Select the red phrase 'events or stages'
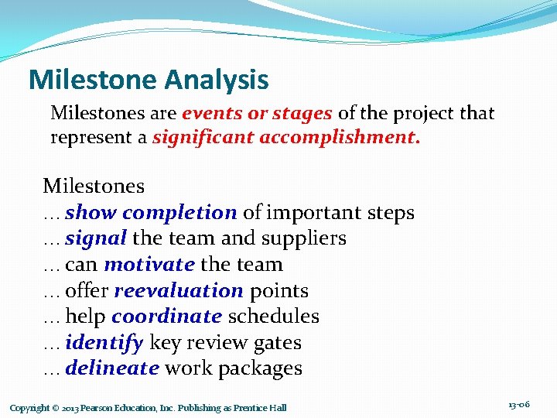257,114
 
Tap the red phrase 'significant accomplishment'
286,139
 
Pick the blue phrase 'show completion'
151,213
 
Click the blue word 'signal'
97,238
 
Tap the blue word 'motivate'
149,265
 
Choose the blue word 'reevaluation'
179,291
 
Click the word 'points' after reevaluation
278,291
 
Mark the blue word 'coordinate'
166,317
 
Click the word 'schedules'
273,317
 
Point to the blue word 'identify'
104,343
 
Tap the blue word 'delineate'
112,368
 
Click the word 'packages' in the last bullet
260,368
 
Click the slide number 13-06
519,405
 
